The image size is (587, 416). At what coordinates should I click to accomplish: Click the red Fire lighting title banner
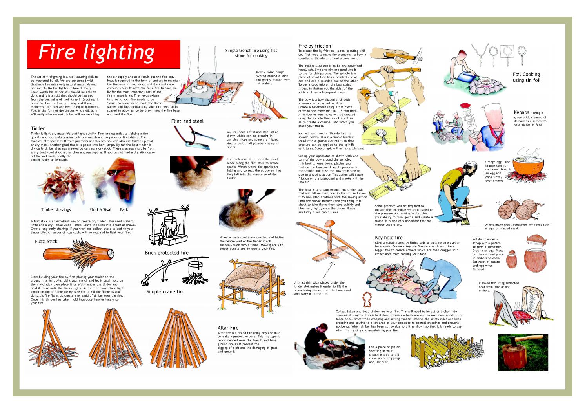tap(103, 54)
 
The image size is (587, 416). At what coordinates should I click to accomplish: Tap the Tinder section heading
tap(38, 128)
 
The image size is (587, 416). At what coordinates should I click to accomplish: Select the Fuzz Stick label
tap(46, 242)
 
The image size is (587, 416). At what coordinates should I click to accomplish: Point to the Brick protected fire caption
tap(167, 253)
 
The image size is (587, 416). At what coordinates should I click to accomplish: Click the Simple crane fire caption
tap(165, 292)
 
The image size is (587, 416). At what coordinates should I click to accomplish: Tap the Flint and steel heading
tap(187, 121)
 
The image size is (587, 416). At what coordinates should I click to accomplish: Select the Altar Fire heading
tap(228, 328)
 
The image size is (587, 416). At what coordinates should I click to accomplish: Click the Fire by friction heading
tap(314, 46)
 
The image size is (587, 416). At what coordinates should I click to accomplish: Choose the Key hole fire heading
tap(389, 238)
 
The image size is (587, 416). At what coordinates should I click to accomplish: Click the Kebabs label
tap(521, 112)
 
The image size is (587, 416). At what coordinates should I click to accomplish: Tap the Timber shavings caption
tap(56, 210)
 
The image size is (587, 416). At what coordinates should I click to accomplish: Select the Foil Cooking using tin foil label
tap(526, 77)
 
